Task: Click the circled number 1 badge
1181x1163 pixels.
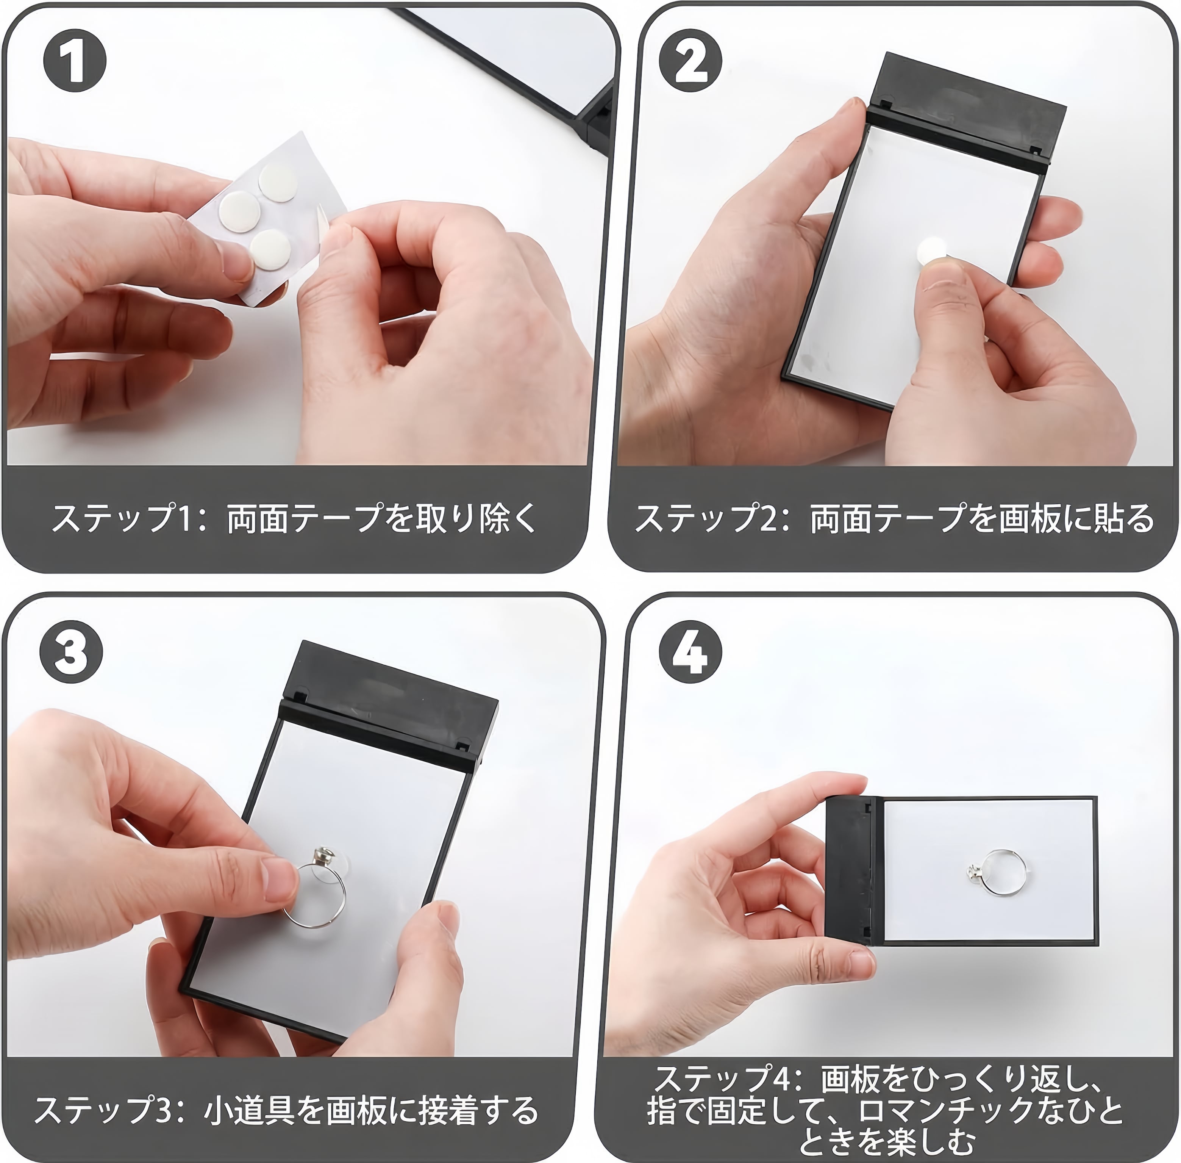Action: pyautogui.click(x=75, y=61)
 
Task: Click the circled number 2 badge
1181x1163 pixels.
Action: pyautogui.click(x=690, y=61)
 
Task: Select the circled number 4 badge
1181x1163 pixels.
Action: pyautogui.click(x=690, y=652)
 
